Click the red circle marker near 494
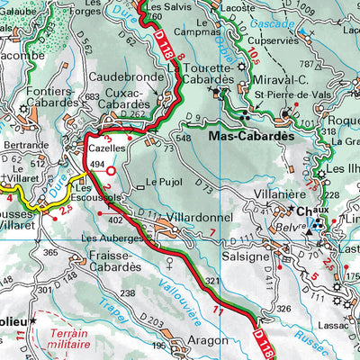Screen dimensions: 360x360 click(x=111, y=170)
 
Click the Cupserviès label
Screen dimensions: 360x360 click(x=275, y=40)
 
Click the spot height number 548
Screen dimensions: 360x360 click(x=184, y=139)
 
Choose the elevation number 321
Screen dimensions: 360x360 click(x=211, y=282)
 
